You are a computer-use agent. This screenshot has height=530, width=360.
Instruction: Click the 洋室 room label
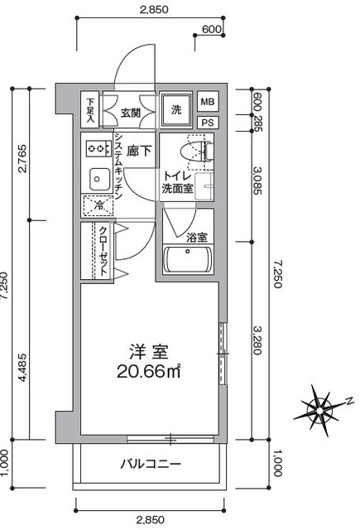tap(149, 352)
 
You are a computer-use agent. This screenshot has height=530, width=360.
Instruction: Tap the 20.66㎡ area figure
tap(149, 372)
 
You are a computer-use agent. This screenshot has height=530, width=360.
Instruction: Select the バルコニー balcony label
tap(151, 464)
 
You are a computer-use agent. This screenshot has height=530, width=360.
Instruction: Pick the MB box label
tap(208, 101)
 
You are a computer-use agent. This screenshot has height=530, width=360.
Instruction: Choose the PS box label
tap(208, 123)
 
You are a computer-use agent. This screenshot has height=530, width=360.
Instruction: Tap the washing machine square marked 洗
tap(175, 110)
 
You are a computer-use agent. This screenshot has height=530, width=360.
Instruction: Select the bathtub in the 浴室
tap(187, 259)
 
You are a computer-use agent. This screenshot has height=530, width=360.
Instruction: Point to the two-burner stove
tap(98, 148)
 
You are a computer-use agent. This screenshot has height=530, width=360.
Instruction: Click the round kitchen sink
tap(99, 179)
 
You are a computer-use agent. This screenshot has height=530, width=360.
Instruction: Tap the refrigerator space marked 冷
tap(98, 205)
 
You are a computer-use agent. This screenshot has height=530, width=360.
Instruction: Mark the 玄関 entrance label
tap(131, 113)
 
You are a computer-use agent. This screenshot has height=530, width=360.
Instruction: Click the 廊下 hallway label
tap(139, 151)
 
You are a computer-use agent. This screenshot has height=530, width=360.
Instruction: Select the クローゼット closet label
tap(103, 250)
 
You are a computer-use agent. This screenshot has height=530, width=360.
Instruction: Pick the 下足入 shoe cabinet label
tap(90, 110)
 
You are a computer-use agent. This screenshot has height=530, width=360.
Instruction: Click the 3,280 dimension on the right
tap(257, 340)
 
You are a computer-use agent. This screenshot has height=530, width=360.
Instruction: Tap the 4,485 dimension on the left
tap(22, 368)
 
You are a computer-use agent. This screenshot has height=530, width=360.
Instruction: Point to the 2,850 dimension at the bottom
tap(151, 520)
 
